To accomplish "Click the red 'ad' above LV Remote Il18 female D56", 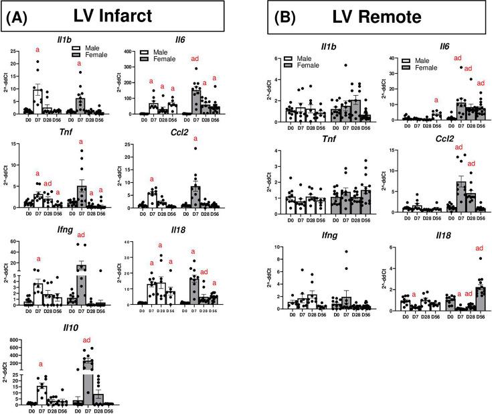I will point(479,249).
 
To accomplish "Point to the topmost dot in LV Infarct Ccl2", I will point(195,148).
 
